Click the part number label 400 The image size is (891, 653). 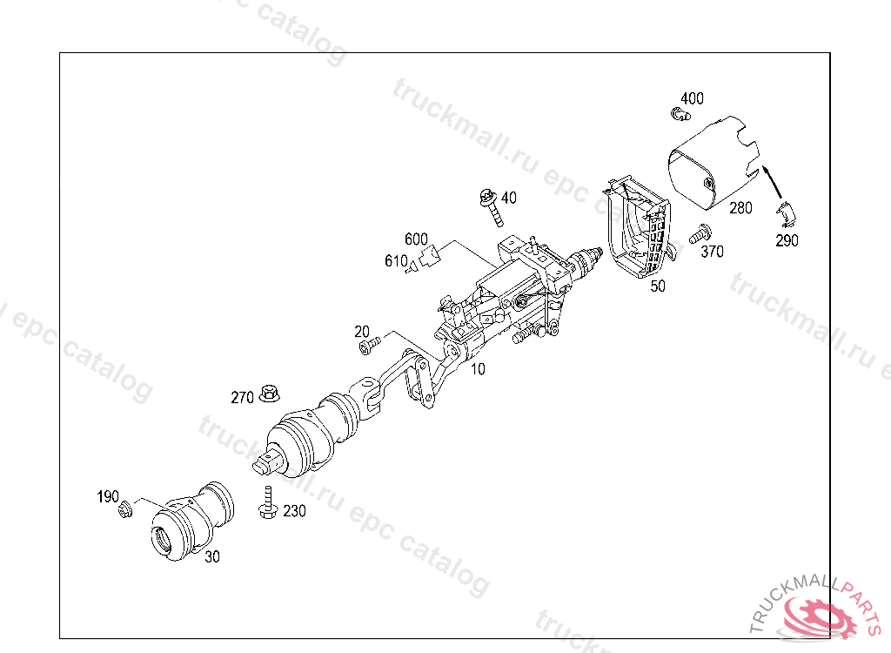[693, 98]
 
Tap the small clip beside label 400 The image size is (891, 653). [679, 112]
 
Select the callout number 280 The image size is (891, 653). [740, 208]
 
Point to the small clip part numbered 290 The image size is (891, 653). [787, 211]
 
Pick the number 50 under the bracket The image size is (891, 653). [658, 286]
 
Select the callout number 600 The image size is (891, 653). [416, 239]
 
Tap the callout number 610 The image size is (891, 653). [396, 260]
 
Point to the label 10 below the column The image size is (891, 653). [479, 368]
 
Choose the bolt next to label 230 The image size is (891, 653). [266, 504]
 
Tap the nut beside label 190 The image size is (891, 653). [124, 508]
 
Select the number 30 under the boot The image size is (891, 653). [212, 558]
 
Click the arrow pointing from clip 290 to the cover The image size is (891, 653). [772, 179]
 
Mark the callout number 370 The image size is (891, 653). [712, 252]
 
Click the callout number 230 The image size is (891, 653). [294, 512]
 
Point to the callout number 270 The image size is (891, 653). [242, 398]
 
